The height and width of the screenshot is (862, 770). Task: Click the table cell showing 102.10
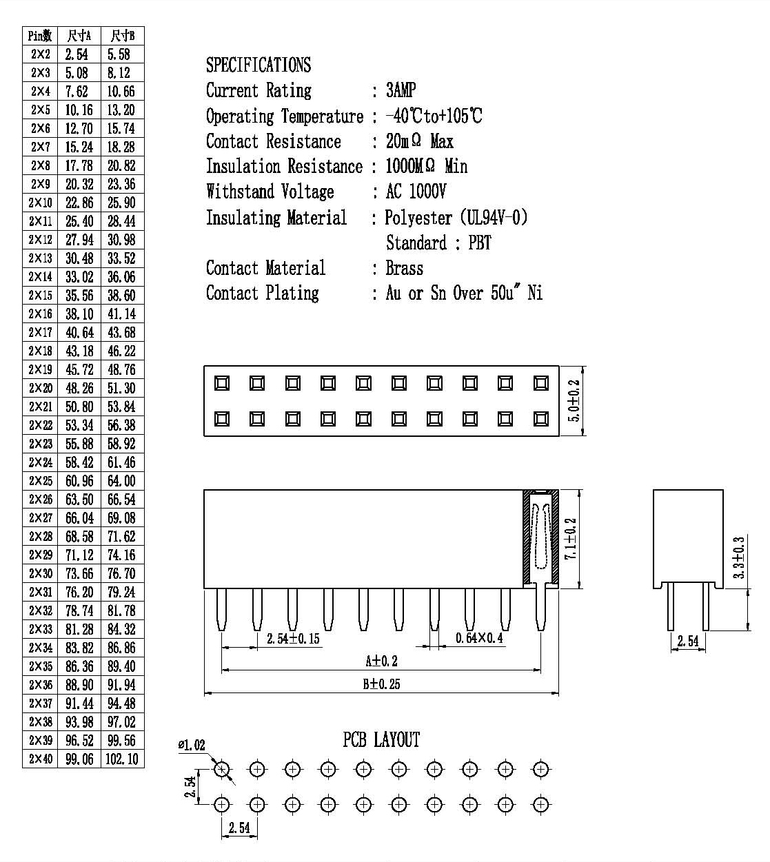(122, 759)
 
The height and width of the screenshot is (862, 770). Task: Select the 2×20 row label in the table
(41, 388)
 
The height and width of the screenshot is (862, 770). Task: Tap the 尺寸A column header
(79, 36)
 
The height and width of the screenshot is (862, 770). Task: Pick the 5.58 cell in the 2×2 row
(119, 54)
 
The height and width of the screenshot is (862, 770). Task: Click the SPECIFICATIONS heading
(259, 65)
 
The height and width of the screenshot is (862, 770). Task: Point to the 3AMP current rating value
(401, 90)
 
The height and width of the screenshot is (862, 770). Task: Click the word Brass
(405, 268)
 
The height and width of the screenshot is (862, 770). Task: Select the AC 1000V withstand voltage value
(416, 192)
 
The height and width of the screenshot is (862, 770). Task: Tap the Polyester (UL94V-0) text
(456, 218)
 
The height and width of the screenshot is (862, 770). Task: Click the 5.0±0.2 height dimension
(574, 400)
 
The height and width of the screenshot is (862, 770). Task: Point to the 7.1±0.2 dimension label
(570, 539)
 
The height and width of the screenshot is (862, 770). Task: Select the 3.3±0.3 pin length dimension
(738, 557)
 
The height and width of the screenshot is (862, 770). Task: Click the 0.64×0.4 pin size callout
(479, 638)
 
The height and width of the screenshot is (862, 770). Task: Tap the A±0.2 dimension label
(381, 661)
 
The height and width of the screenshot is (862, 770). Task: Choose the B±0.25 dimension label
(381, 684)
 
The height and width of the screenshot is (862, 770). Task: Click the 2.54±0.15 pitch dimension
(293, 638)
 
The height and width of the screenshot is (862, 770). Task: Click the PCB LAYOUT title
(381, 739)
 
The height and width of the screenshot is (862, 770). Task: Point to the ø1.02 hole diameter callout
(192, 745)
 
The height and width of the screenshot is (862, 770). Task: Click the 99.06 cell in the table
(79, 759)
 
